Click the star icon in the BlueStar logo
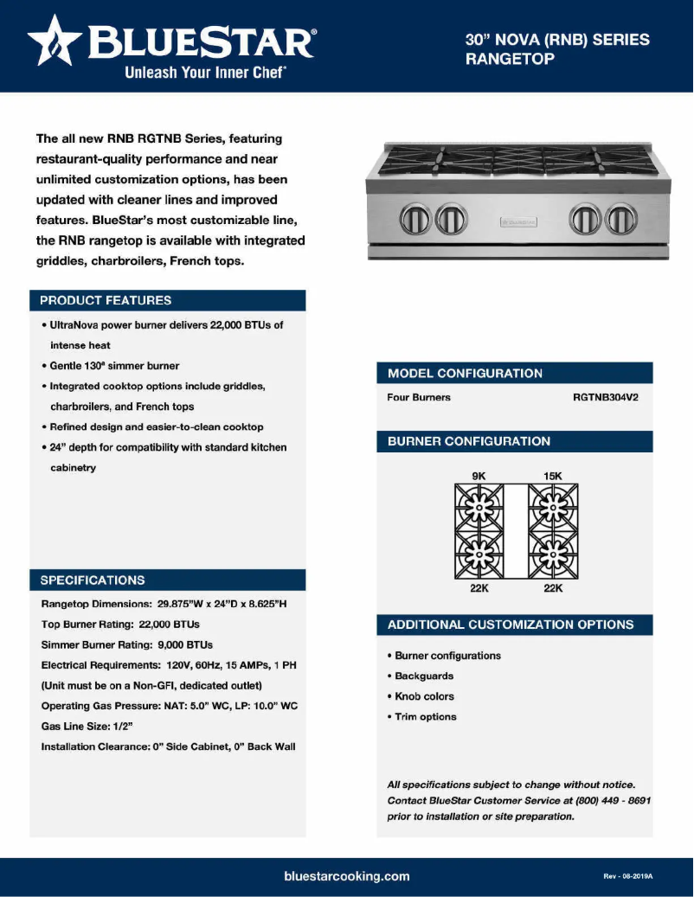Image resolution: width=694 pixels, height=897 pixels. pyautogui.click(x=55, y=42)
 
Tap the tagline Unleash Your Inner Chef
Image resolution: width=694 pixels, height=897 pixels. pyautogui.click(x=206, y=73)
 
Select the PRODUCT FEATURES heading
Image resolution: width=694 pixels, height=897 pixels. pyautogui.click(x=106, y=300)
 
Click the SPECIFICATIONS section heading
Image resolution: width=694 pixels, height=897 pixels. pyautogui.click(x=93, y=580)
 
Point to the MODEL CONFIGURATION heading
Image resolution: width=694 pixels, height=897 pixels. pyautogui.click(x=465, y=373)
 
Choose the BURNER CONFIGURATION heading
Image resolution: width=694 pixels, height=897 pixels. pyautogui.click(x=468, y=441)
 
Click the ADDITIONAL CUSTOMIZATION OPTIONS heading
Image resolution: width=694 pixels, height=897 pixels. pyautogui.click(x=510, y=625)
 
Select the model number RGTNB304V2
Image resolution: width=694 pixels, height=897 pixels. pyautogui.click(x=605, y=398)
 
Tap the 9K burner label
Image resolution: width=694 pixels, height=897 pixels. pyautogui.click(x=479, y=476)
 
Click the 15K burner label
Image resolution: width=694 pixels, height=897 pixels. pyautogui.click(x=553, y=476)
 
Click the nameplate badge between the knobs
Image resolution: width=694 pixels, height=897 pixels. pyautogui.click(x=517, y=222)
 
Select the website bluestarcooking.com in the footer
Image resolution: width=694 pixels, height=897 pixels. pyautogui.click(x=346, y=876)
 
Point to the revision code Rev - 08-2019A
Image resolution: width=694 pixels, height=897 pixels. pyautogui.click(x=627, y=876)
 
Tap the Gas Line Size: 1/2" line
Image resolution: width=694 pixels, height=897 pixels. pyautogui.click(x=87, y=727)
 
